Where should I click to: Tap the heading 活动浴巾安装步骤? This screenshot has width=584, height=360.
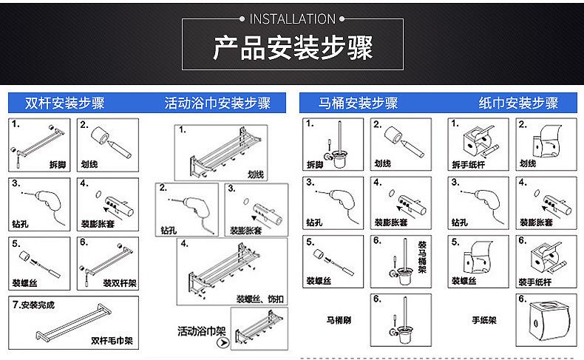point(217,103)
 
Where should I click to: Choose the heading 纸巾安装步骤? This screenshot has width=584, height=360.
point(517,103)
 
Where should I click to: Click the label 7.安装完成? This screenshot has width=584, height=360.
point(33,305)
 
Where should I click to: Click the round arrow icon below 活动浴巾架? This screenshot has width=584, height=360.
point(220,344)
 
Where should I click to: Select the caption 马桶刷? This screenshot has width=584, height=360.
point(337,321)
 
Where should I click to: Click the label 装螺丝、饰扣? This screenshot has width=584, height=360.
point(261,299)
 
